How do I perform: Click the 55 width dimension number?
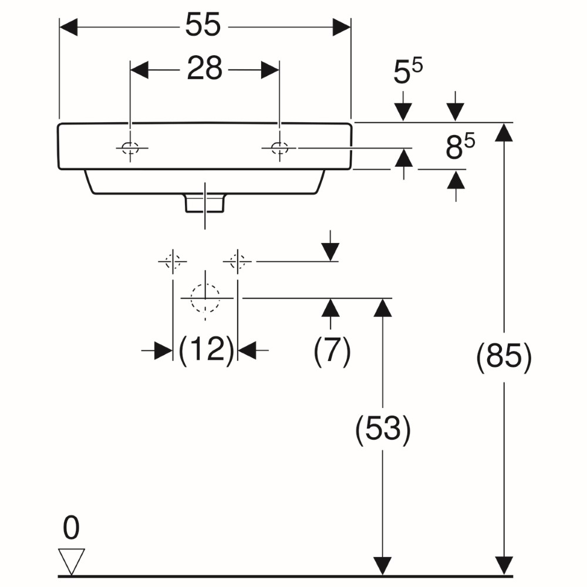pos(203,25)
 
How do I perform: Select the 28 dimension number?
pos(204,68)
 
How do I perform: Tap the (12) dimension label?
pos(206,350)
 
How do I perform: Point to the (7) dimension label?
pos(332,350)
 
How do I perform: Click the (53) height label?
pos(383,429)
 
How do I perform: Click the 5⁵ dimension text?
pos(408,71)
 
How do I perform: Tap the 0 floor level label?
pos(71,528)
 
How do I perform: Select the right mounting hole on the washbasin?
pos(279,149)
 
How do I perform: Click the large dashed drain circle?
pos(205,298)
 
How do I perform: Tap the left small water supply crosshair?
pos(173,261)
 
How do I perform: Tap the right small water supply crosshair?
pos(237,261)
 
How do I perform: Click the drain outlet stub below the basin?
pos(205,203)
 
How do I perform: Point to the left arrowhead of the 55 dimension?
pos(69,28)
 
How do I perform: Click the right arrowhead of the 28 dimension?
pos(270,70)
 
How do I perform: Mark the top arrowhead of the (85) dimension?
pos(504,132)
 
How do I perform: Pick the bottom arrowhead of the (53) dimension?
pos(383,566)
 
